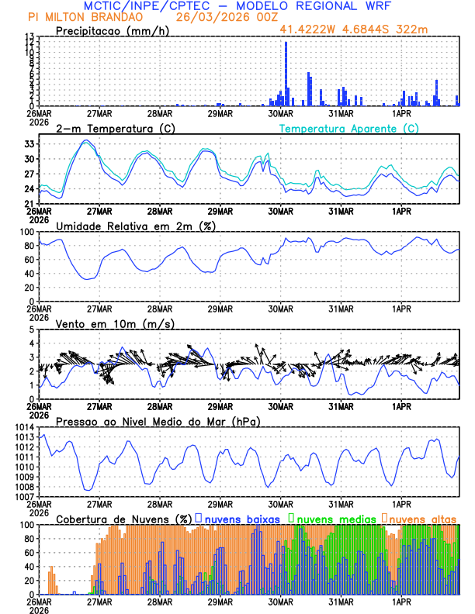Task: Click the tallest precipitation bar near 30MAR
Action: tap(286, 74)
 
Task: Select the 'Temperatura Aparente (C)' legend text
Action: tap(348, 128)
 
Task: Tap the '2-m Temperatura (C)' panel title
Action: tap(109, 128)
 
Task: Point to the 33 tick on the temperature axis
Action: tap(29, 144)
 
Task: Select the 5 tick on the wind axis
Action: tap(33, 329)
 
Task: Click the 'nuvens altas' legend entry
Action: tap(423, 518)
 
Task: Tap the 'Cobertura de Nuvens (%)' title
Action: tap(123, 518)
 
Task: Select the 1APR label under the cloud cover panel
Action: tap(401, 602)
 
